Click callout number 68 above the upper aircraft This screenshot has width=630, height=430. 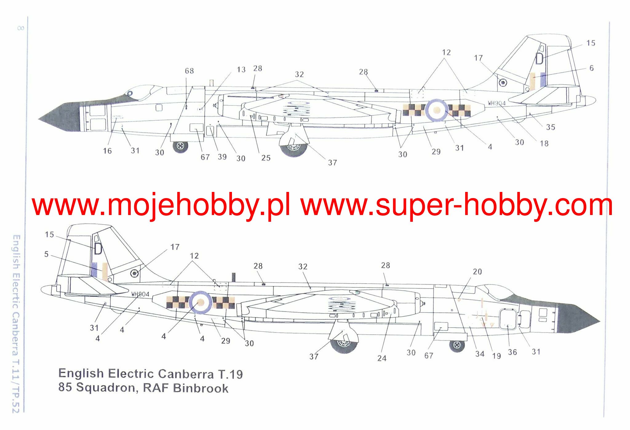[x=189, y=71]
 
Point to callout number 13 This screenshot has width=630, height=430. [x=241, y=70]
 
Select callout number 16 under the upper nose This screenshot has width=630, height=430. [x=107, y=151]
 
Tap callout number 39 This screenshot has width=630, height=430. [x=222, y=157]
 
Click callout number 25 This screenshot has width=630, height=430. [x=266, y=158]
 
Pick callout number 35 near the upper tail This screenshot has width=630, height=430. [x=550, y=127]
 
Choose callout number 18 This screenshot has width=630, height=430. [x=544, y=144]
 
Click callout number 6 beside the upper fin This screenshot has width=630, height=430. [x=591, y=68]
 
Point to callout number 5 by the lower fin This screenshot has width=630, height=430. [x=46, y=254]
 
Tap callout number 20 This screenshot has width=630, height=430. [x=477, y=272]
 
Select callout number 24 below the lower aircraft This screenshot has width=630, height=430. [x=382, y=358]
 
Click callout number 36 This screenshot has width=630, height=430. [x=512, y=352]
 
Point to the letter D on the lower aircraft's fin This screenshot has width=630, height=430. [x=98, y=249]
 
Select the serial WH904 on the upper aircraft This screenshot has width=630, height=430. [x=496, y=103]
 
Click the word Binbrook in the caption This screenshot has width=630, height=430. [x=201, y=388]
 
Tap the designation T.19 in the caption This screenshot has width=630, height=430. [x=230, y=374]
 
